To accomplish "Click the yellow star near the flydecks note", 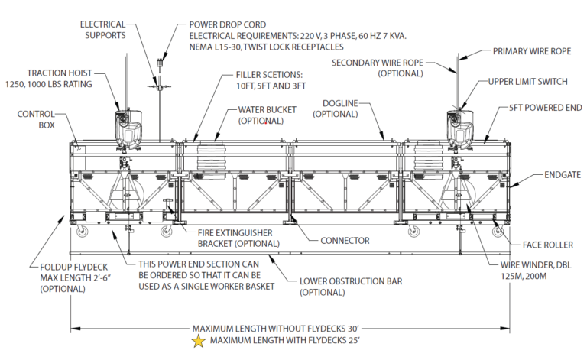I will [x=199, y=342].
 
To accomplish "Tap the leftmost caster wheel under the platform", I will [x=79, y=232].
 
